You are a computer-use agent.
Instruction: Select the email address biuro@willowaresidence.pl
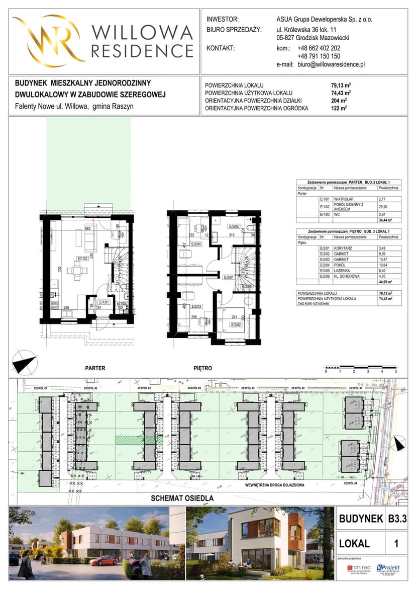[331, 65]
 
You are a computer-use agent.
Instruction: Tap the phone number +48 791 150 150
[319, 56]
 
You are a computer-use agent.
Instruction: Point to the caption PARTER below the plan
[95, 368]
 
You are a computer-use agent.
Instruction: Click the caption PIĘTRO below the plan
[202, 368]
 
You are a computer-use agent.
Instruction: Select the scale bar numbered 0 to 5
[361, 367]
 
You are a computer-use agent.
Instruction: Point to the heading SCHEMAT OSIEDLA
[183, 498]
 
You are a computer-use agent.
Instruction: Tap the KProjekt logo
[388, 568]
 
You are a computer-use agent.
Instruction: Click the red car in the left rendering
[104, 560]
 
